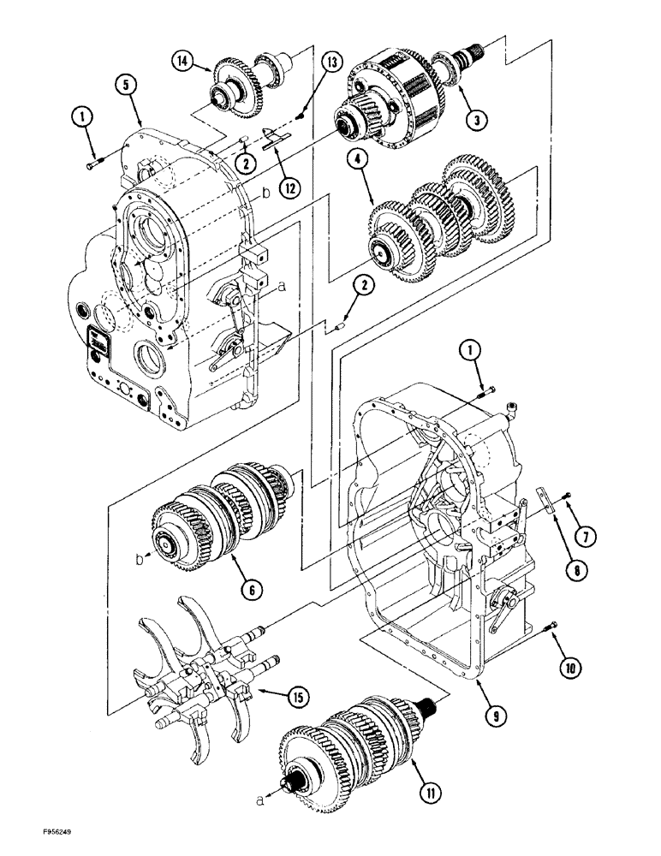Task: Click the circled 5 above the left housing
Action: tap(125, 85)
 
